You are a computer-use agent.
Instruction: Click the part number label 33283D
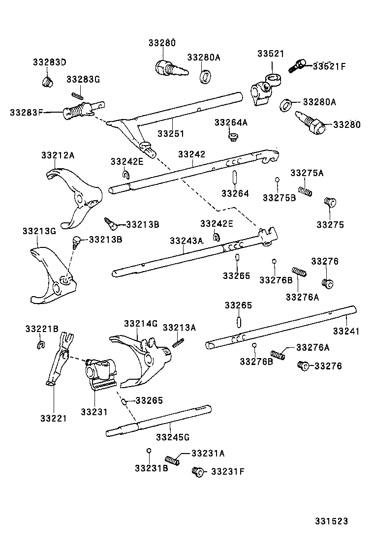(49, 62)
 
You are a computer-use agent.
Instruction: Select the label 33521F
(329, 66)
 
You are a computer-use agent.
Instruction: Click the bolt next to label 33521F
(297, 65)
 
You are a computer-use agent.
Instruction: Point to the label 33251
(171, 133)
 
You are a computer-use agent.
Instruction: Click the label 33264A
(231, 122)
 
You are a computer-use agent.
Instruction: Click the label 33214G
(140, 323)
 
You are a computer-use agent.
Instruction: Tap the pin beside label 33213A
(178, 341)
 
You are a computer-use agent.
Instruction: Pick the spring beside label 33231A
(171, 460)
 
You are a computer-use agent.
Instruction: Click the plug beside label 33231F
(198, 472)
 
